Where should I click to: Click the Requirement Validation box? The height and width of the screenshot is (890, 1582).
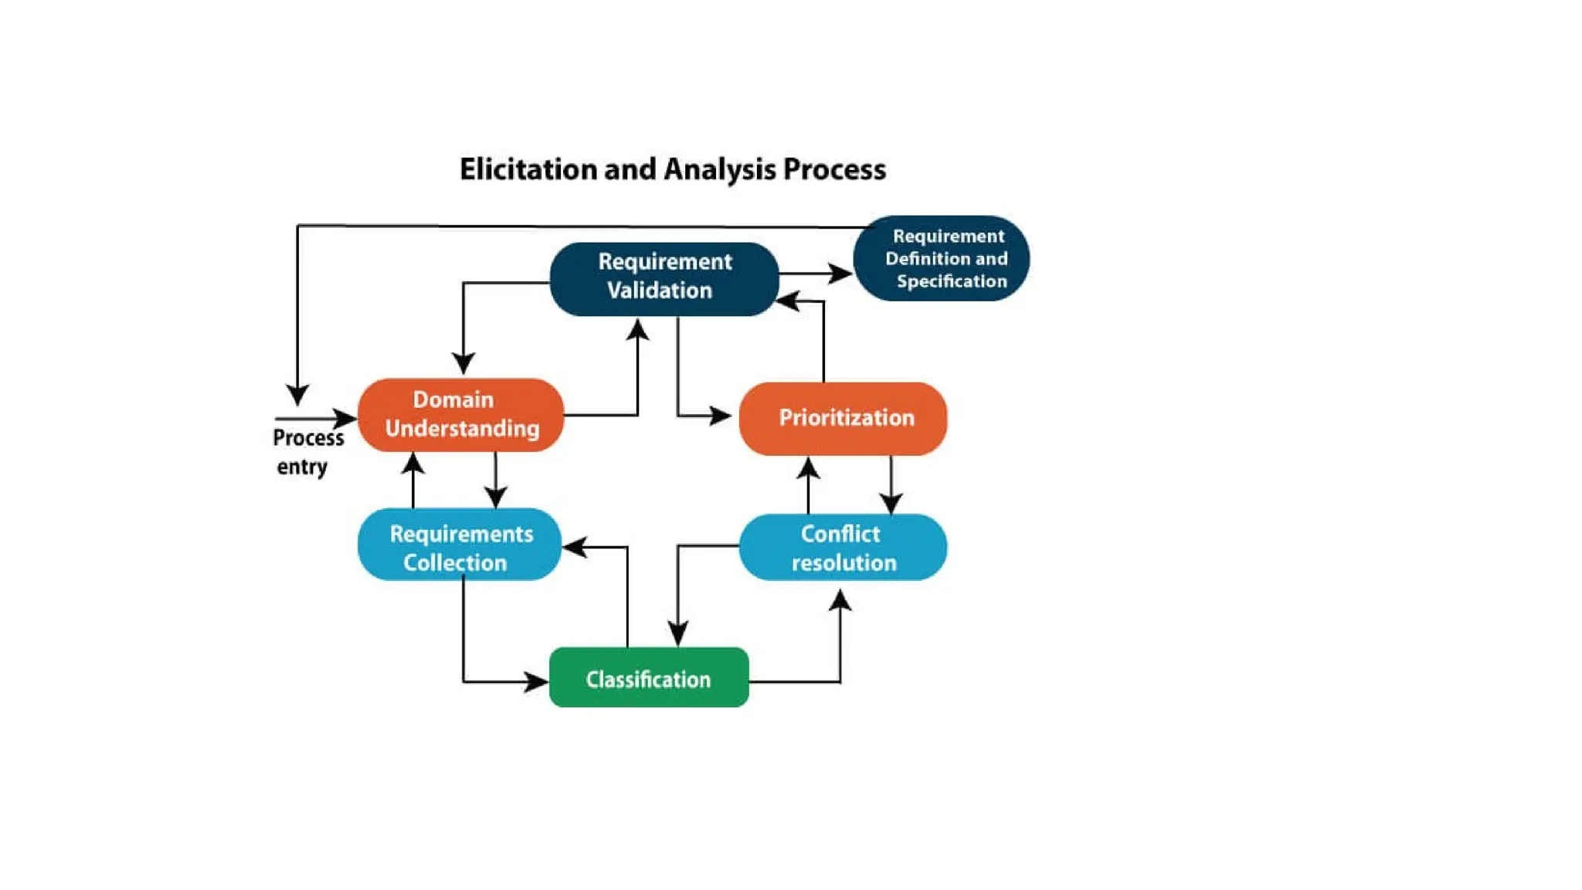[664, 278]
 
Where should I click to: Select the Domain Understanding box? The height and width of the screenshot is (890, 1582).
[460, 415]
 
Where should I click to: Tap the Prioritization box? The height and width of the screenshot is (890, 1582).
[843, 418]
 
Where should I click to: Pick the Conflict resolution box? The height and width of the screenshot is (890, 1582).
[843, 547]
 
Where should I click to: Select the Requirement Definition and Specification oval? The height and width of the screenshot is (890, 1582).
[942, 258]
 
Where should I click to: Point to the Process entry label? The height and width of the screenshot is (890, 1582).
[307, 452]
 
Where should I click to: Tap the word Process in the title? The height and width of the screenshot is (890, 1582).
[834, 169]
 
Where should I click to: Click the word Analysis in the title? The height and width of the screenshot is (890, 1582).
[719, 169]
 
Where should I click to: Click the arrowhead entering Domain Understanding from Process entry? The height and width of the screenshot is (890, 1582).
[347, 418]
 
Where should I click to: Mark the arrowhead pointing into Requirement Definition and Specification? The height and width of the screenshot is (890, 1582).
[841, 273]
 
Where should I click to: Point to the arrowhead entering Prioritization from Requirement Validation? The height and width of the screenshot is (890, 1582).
[721, 416]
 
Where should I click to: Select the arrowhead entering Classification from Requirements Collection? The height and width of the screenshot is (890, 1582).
[537, 682]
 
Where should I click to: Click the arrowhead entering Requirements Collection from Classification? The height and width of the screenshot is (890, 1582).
[573, 547]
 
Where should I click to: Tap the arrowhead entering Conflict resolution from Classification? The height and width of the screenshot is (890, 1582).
[840, 600]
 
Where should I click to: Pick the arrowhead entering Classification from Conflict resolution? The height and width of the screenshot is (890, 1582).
[678, 634]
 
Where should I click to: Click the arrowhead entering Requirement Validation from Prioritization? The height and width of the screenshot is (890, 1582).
[787, 301]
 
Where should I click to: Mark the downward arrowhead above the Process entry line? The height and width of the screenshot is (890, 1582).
[297, 395]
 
